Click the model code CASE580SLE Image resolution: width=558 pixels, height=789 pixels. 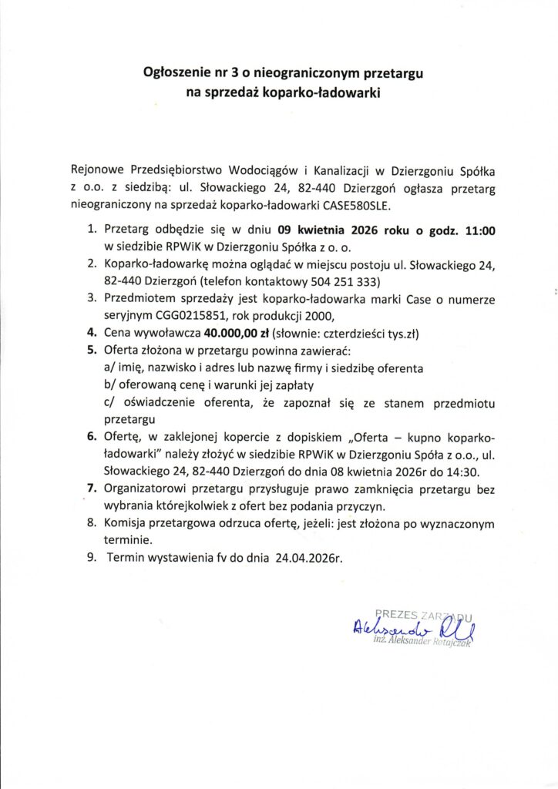367,206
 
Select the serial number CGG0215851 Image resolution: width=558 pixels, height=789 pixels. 183,316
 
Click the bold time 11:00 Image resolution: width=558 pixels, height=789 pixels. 479,229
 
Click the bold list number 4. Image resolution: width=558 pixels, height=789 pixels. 89,334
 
